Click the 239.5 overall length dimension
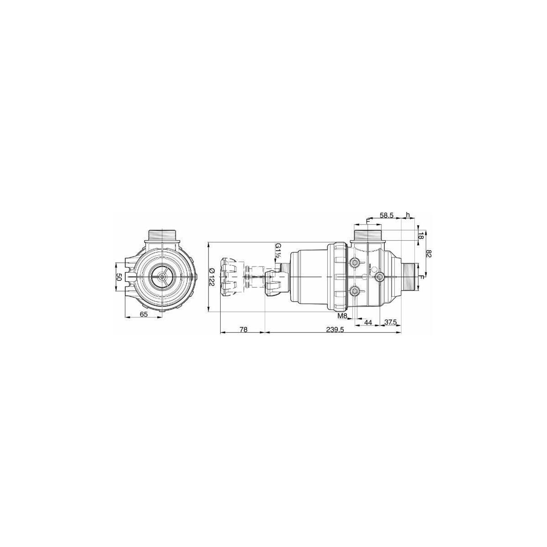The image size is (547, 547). click(x=335, y=329)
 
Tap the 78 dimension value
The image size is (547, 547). click(x=243, y=329)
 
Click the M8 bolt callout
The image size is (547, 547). click(x=343, y=315)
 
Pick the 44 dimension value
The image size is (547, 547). click(x=368, y=322)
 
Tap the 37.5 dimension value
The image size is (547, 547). click(x=391, y=322)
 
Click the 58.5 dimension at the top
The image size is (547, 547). click(x=387, y=216)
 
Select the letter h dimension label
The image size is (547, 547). click(x=408, y=215)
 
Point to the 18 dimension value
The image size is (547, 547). click(x=421, y=236)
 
